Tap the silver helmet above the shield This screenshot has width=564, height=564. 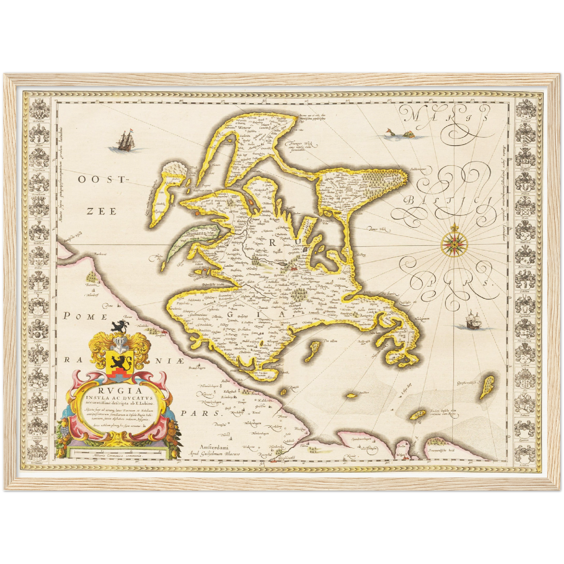(x=120, y=343)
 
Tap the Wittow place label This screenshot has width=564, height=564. (x=245, y=128)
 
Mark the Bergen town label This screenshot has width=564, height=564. (x=286, y=269)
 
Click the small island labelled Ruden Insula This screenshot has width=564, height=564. (x=420, y=414)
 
